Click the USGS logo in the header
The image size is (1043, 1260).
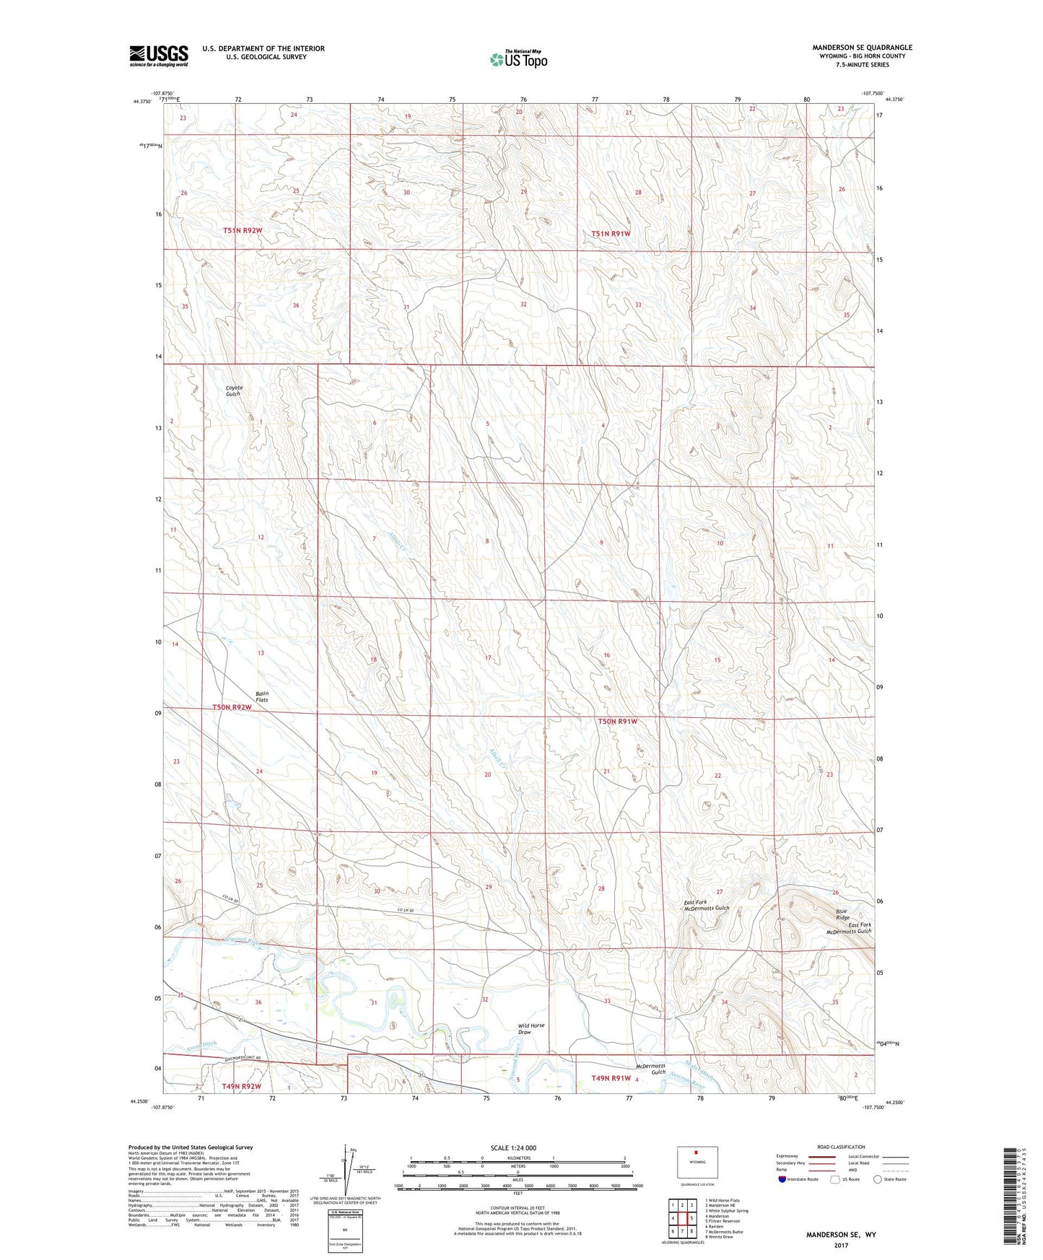tap(158, 56)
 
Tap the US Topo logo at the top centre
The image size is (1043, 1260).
tap(518, 59)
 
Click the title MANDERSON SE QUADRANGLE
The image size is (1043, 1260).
tap(862, 48)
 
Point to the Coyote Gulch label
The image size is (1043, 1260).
tap(234, 391)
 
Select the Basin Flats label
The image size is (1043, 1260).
tap(262, 696)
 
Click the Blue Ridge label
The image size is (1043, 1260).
tap(842, 914)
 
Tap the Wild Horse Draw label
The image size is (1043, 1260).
tap(531, 1028)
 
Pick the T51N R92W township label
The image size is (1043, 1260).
tap(242, 230)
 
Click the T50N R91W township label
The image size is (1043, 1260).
tap(617, 721)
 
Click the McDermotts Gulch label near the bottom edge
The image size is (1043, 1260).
tap(652, 1069)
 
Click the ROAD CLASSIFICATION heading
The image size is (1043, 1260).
tap(842, 1147)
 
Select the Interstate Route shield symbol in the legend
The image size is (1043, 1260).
tap(782, 1179)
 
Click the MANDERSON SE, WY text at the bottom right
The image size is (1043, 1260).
tap(841, 1235)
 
